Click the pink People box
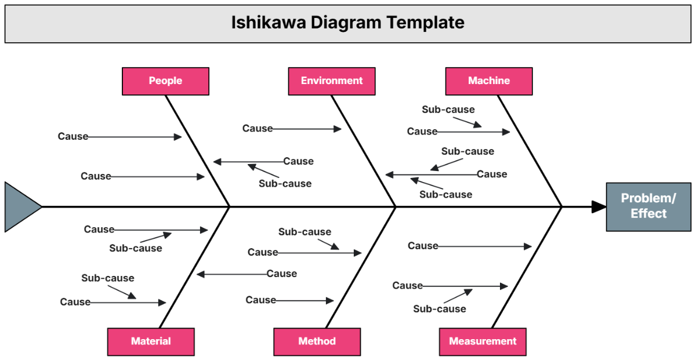(165, 81)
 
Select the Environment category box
(331, 81)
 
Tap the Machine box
(488, 81)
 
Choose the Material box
(151, 341)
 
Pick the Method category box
(317, 341)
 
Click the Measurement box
(483, 341)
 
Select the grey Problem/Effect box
(648, 206)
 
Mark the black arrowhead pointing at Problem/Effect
(598, 206)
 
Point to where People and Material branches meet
(230, 206)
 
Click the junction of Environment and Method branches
(396, 206)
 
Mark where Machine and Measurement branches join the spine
(561, 206)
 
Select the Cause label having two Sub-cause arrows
(492, 174)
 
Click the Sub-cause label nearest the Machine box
(448, 110)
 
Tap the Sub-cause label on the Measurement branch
(439, 309)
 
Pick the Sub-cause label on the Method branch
(304, 232)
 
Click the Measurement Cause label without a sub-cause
(422, 246)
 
